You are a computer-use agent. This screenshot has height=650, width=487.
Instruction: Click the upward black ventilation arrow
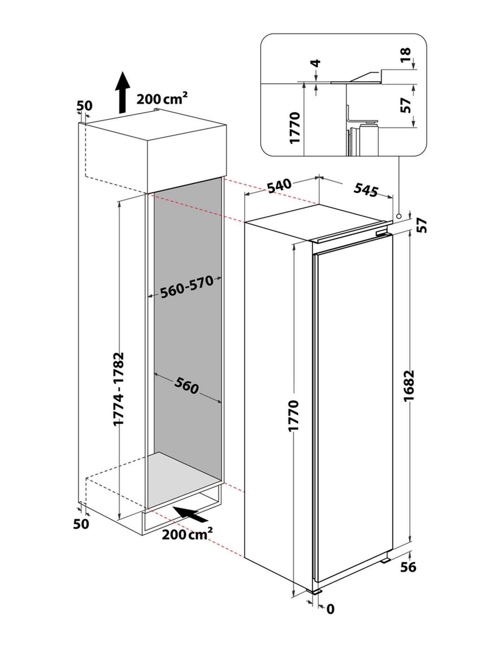[123, 92]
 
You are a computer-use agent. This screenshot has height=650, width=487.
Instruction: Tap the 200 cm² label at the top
[162, 99]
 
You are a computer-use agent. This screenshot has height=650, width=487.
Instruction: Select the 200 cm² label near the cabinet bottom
[187, 533]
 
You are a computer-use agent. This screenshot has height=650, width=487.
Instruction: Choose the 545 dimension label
[365, 190]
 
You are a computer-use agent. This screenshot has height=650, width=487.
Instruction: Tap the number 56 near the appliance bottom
[408, 567]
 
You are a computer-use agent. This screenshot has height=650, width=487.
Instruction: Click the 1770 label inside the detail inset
[295, 127]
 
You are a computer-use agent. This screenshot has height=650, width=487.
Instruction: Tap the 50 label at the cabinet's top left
[84, 106]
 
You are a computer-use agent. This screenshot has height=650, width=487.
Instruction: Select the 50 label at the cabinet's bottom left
[81, 524]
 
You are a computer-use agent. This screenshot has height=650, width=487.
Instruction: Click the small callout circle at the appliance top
[399, 216]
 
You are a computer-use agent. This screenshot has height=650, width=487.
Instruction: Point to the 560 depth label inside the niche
[187, 386]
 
